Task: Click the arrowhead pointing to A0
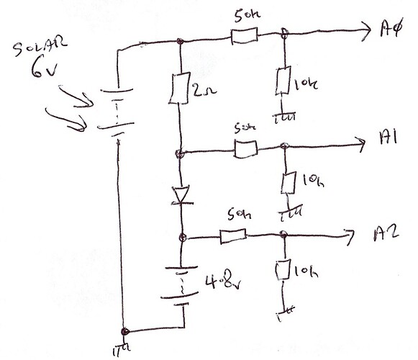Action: (366, 31)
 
